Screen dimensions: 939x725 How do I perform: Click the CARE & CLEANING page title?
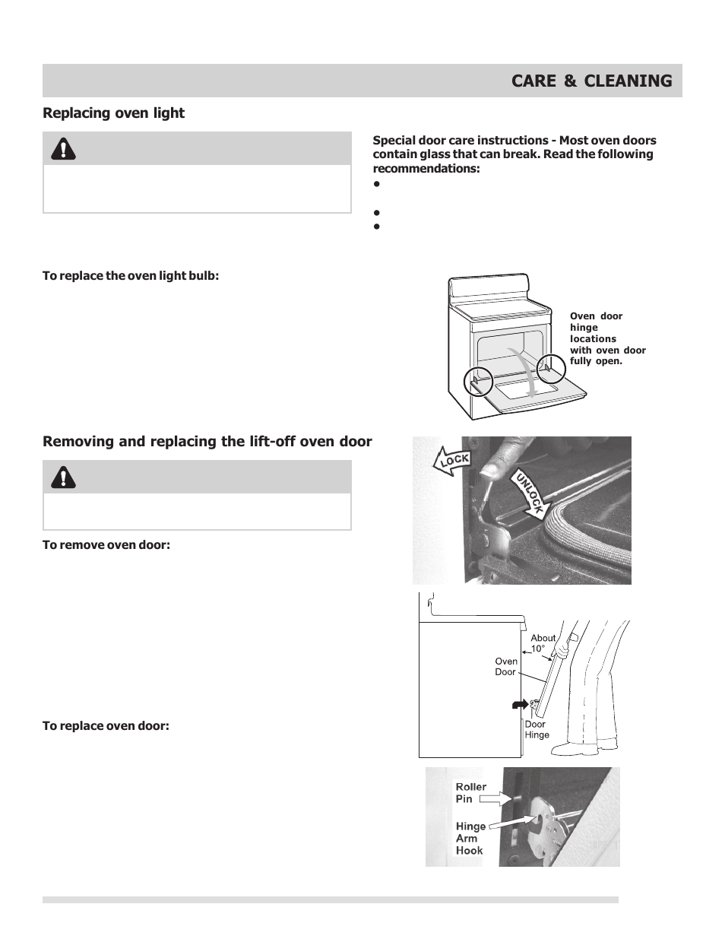pyautogui.click(x=591, y=81)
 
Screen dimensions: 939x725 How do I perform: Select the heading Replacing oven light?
pyautogui.click(x=113, y=113)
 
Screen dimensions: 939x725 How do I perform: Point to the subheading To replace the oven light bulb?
pyautogui.click(x=131, y=275)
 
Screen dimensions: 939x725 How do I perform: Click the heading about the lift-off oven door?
pyautogui.click(x=207, y=442)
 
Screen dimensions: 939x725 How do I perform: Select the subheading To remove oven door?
pyautogui.click(x=106, y=544)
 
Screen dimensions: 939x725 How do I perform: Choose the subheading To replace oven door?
pyautogui.click(x=106, y=725)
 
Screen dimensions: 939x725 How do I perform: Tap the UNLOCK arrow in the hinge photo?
pyautogui.click(x=529, y=494)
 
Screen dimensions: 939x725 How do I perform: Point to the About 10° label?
pyautogui.click(x=542, y=643)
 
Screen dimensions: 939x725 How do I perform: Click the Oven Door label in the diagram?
pyautogui.click(x=505, y=667)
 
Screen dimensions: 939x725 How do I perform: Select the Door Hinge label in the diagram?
pyautogui.click(x=537, y=730)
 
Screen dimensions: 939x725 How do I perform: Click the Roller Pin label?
pyautogui.click(x=470, y=793)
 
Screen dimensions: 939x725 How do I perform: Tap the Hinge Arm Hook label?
pyautogui.click(x=470, y=838)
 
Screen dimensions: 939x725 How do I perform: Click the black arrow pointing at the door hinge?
pyautogui.click(x=520, y=705)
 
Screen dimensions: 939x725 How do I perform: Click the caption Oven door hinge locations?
pyautogui.click(x=607, y=338)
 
